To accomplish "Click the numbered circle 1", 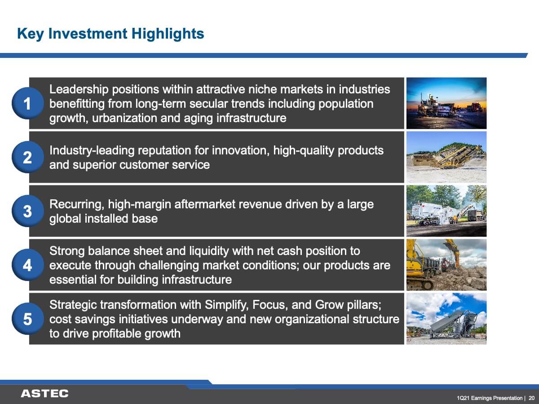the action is coord(28,103).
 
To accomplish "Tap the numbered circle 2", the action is coord(28,157).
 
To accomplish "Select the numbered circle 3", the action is coord(28,211).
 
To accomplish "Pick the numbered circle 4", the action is coord(28,265).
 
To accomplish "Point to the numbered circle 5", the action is coord(28,319).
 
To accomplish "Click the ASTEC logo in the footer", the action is coord(44,394).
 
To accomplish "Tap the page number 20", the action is coord(532,398).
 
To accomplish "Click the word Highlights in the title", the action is coord(168,34).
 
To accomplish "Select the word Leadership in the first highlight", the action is coord(79,89).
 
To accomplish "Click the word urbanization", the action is coord(124,118).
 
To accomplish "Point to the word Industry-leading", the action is coord(92,151).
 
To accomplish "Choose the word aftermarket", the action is coord(205,204).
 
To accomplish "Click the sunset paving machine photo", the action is coord(446,103).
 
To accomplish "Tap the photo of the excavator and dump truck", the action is coord(446,265).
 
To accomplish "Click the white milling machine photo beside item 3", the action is coord(446,211).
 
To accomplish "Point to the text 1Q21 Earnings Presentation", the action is coord(490,398).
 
